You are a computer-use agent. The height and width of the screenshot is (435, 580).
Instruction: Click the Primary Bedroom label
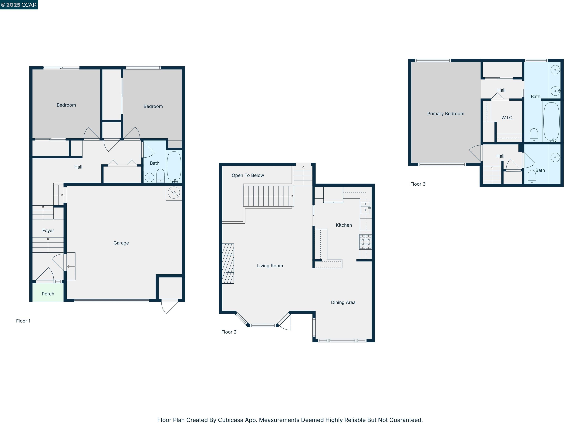click(446, 113)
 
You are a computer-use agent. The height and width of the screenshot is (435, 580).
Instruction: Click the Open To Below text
click(248, 175)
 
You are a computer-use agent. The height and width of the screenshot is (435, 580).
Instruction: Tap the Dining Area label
click(343, 302)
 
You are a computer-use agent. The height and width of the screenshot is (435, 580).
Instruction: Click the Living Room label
click(270, 266)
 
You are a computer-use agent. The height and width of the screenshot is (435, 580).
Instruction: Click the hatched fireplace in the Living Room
click(228, 264)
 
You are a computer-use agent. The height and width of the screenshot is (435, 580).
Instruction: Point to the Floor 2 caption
click(229, 332)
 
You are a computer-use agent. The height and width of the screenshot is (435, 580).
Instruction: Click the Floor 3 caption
click(417, 184)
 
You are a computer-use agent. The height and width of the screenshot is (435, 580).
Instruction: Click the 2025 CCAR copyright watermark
click(19, 5)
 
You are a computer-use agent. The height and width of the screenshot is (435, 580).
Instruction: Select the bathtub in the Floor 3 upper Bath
click(551, 121)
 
